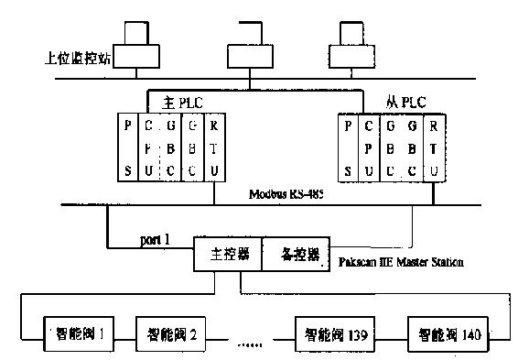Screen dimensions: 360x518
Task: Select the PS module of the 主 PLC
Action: pyautogui.click(x=130, y=147)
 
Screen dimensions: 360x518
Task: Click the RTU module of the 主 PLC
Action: pyautogui.click(x=212, y=147)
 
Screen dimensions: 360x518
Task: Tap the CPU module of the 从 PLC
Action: pyautogui.click(x=368, y=147)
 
